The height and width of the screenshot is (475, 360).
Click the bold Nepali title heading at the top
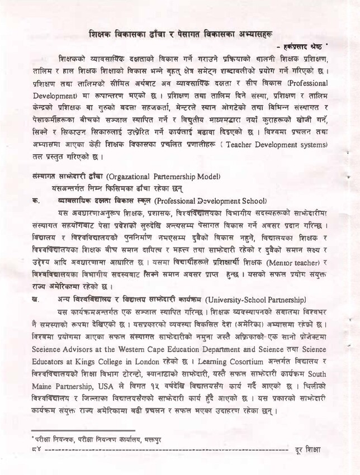tap(188, 34)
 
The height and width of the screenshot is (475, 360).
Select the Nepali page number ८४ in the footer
tap(36, 450)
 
